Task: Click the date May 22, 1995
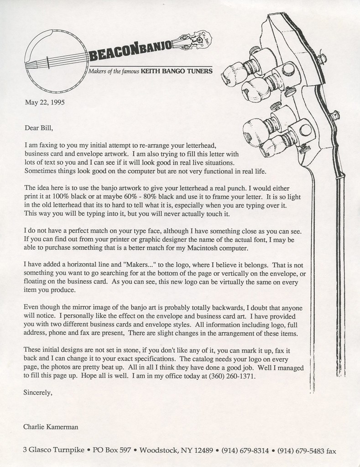pos(44,102)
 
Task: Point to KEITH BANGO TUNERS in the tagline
pos(177,72)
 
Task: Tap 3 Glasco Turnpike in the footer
pos(53,450)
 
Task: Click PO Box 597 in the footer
pos(112,450)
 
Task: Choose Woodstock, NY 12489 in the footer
pos(176,450)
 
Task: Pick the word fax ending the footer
pos(331,451)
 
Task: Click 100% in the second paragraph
pos(55,197)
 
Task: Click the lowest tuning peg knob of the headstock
pos(273,146)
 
